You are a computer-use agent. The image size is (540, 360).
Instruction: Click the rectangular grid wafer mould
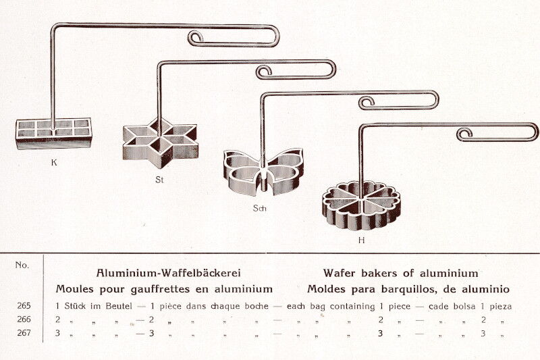point(54,134)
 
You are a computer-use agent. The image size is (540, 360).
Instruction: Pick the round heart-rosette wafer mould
point(361,205)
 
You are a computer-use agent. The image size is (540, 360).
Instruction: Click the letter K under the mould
point(54,163)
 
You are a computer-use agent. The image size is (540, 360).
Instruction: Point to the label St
point(159,180)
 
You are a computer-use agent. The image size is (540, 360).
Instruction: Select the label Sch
point(260,208)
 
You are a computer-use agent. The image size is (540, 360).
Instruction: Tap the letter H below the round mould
point(361,240)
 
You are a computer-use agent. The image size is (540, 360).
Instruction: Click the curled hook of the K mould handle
point(196,37)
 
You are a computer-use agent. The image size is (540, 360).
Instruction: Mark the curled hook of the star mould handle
point(264,72)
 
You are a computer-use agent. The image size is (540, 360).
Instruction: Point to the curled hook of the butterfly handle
point(366,103)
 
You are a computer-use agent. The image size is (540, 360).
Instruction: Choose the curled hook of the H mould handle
point(464,134)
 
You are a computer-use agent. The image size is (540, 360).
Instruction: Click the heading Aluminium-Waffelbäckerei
point(168,273)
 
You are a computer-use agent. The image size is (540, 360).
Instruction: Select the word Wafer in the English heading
point(340,273)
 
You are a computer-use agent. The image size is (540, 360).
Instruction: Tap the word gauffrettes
point(160,289)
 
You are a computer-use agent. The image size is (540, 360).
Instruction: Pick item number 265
point(24,305)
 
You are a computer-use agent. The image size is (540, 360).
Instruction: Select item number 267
point(24,333)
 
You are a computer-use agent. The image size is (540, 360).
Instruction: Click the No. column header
point(22,265)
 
